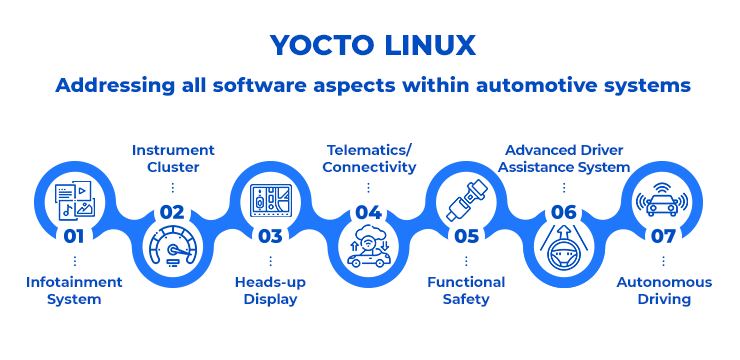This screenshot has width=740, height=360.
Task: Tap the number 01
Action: [x=74, y=237]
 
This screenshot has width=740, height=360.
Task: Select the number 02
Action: [x=172, y=211]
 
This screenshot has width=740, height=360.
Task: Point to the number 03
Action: [x=270, y=237]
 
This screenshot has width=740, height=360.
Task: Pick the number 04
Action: [x=368, y=211]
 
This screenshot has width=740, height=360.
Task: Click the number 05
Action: [x=466, y=237]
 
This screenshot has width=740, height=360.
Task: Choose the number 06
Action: [x=564, y=211]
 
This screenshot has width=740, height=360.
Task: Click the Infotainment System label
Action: [x=74, y=290]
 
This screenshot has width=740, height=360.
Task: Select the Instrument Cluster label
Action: [x=172, y=158]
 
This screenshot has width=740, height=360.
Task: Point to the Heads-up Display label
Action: [x=270, y=290]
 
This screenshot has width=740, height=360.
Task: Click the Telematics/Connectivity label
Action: [x=369, y=158]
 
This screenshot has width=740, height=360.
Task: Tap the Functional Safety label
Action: [x=466, y=290]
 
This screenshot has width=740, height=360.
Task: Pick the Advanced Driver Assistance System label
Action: [x=566, y=158]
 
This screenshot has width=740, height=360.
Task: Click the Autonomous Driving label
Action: [x=664, y=290]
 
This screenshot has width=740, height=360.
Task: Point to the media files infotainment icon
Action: [x=74, y=197]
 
